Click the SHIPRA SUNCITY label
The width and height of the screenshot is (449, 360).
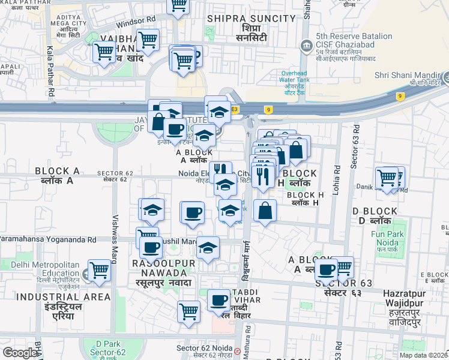pos(252,19)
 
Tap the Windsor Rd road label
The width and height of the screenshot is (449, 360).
pos(136,22)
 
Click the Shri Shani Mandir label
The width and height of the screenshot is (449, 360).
pos(408,76)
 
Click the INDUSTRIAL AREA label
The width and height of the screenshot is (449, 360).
pos(63,297)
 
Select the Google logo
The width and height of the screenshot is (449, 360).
pos(20,353)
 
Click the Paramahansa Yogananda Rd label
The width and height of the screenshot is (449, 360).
pos(48,239)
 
